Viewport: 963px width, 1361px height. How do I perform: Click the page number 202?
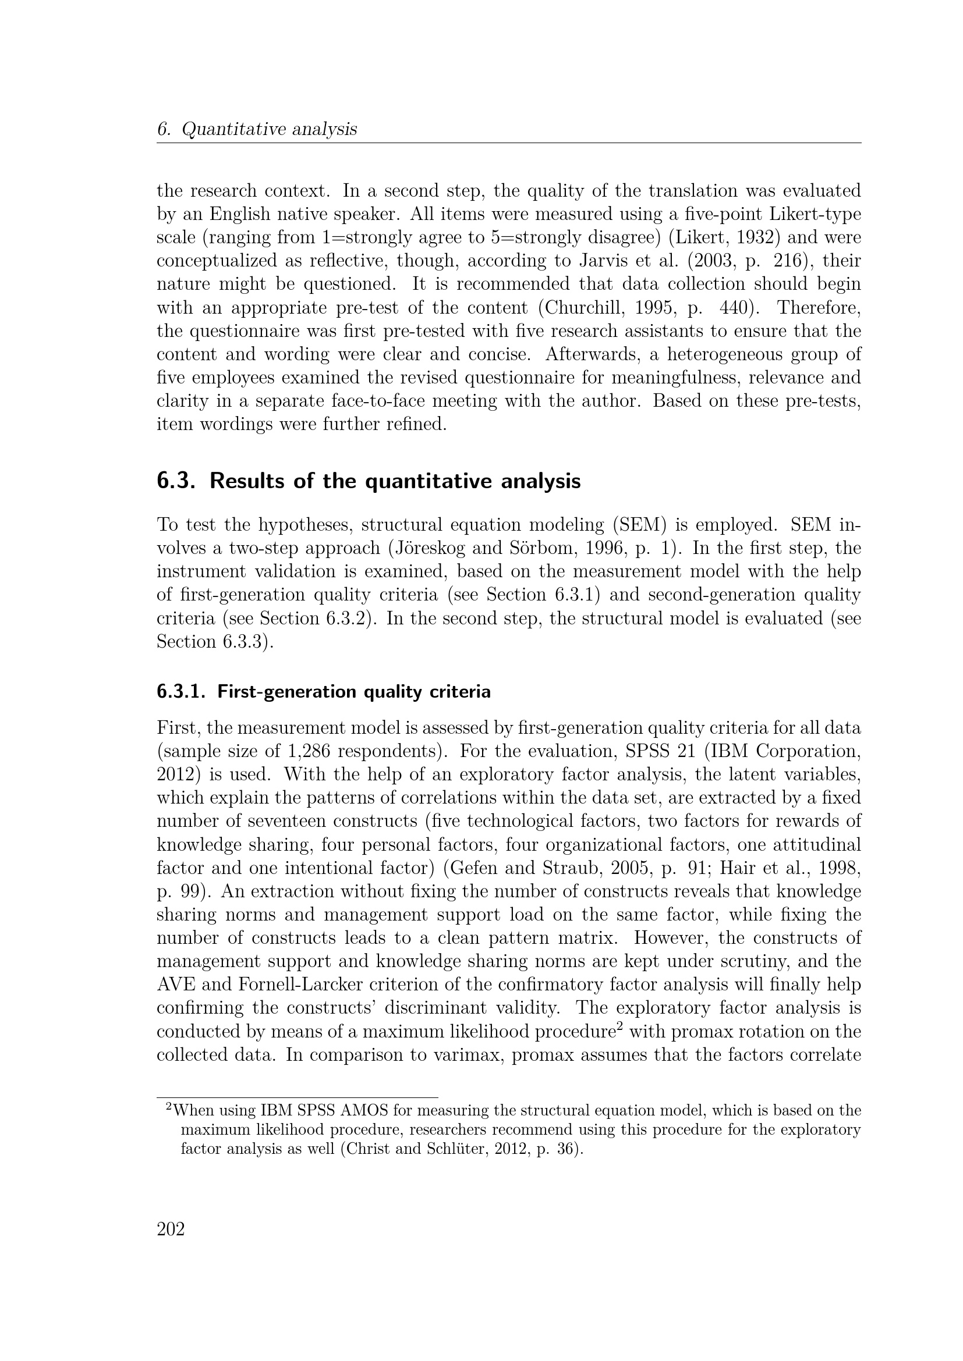171,1229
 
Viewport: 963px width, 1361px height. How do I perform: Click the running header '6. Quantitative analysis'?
257,129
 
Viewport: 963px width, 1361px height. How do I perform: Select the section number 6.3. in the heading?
176,481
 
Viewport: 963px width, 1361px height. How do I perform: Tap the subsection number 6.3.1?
181,692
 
